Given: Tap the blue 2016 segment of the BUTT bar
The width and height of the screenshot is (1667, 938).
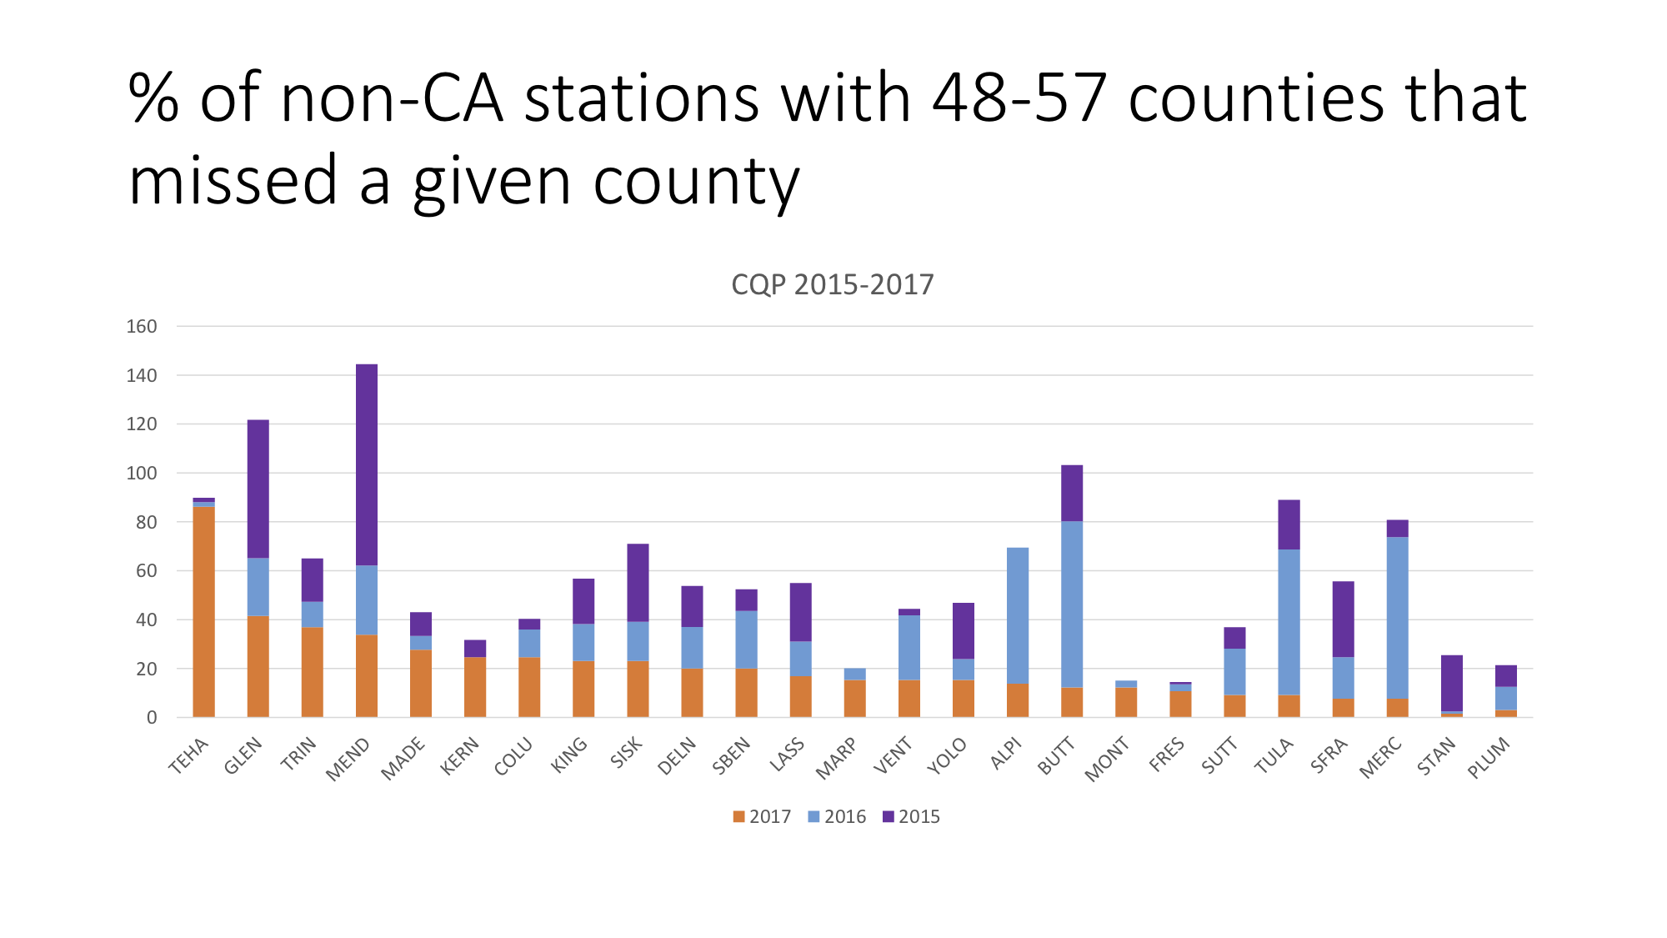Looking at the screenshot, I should (1072, 604).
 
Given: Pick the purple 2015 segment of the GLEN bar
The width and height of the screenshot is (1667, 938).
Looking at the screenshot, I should (258, 489).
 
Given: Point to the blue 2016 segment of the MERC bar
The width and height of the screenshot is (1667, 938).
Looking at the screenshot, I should (1398, 617).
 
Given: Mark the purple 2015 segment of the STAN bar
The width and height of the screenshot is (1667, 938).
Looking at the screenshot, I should (1452, 683).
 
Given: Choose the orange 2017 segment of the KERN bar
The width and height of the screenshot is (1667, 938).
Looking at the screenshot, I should (475, 687).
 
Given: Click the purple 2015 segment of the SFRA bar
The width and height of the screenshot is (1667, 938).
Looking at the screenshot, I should (1344, 619).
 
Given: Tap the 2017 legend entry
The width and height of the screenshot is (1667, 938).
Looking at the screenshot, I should (763, 817).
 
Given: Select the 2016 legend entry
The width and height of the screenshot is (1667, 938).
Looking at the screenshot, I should (838, 817).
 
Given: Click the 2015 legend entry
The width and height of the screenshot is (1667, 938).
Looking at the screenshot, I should (912, 817).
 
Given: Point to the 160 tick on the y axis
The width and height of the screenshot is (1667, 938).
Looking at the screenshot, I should (142, 327).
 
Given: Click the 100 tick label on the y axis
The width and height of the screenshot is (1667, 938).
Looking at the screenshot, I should (142, 474).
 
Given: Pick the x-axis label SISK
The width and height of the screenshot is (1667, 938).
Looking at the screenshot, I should (627, 753).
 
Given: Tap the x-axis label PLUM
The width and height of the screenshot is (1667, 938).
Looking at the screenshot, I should (1489, 758).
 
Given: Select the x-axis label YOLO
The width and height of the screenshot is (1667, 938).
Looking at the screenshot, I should (948, 756).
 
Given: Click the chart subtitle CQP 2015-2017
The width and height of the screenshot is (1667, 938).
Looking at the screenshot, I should (833, 285).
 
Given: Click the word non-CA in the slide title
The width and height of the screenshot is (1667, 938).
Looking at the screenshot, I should (393, 98).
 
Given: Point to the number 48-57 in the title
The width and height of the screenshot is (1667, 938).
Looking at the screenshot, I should (1019, 98).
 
